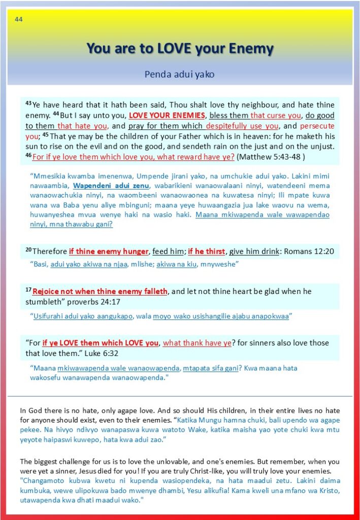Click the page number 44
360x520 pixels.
click(19, 20)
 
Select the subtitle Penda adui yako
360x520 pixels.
click(179, 74)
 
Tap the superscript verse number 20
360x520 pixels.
click(28, 249)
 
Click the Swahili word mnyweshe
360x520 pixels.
click(220, 264)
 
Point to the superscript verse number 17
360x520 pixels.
click(28, 289)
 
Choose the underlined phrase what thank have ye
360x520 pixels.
click(197, 343)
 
